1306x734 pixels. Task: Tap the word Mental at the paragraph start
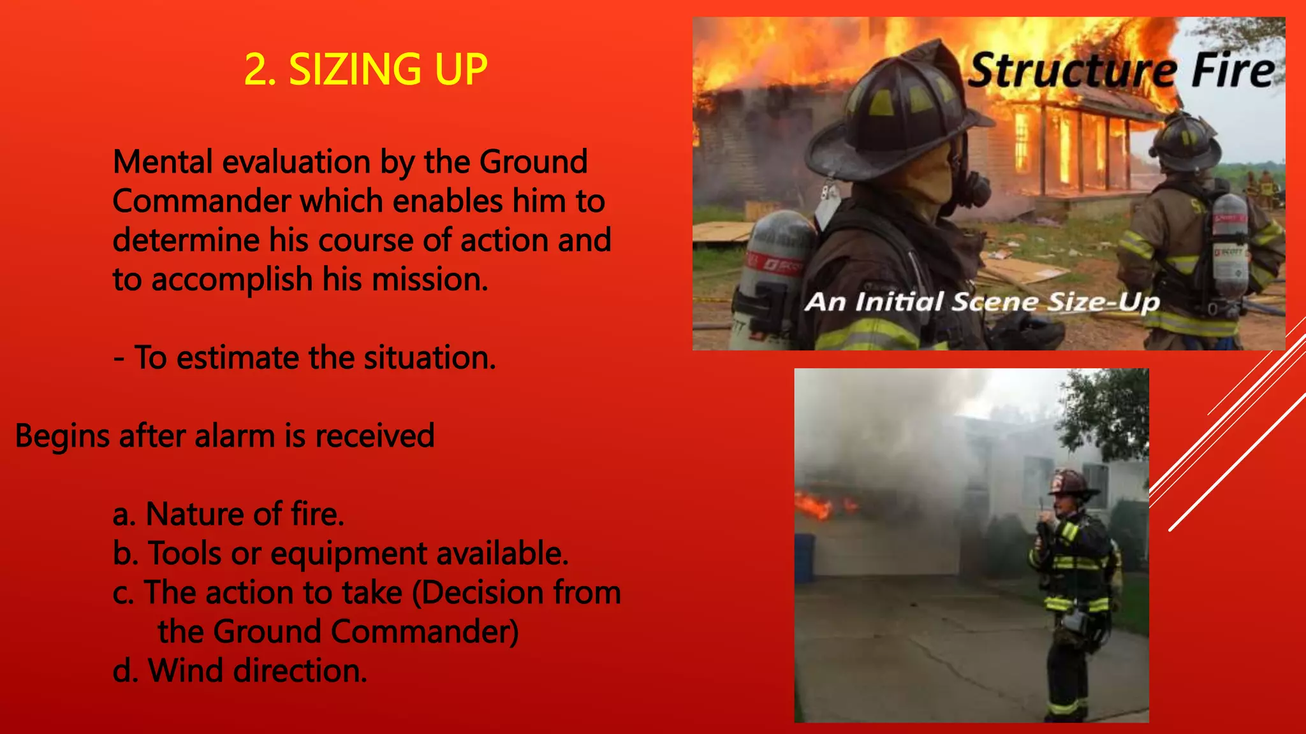coord(162,162)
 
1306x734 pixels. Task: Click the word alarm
coord(234,436)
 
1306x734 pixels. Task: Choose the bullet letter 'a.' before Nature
coord(124,515)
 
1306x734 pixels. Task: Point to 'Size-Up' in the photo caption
coord(1103,301)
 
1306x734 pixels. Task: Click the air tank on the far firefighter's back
coord(1229,242)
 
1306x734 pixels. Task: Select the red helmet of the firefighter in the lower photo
coord(1071,482)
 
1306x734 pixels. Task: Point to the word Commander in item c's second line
coord(421,632)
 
